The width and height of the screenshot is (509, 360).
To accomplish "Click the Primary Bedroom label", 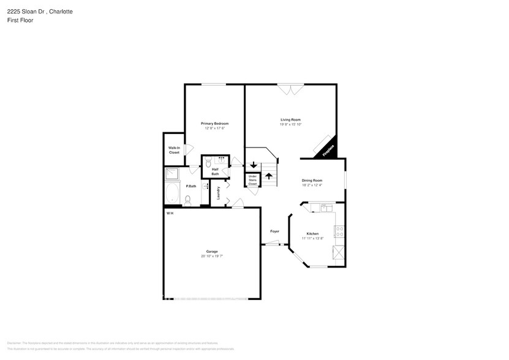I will coord(214,124).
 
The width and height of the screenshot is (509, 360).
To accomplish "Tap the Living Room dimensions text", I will coord(290,124).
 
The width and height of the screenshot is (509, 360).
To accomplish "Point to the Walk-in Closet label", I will coord(174,150).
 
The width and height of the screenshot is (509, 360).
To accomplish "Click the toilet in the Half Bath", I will coord(208,164).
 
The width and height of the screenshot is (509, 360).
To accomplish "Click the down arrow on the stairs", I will coord(253,165).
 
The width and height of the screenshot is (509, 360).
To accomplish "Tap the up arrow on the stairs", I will coord(268,176).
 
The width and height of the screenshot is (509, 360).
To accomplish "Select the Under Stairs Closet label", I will coord(252,181).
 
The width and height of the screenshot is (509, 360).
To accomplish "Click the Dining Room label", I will coord(312,181).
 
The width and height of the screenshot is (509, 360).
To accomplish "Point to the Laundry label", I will coord(219,193).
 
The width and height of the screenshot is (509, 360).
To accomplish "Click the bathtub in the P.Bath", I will coord(172,195).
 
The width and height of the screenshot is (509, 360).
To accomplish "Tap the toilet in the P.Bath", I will coord(189,200).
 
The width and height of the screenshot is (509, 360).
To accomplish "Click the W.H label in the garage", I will coord(169,213).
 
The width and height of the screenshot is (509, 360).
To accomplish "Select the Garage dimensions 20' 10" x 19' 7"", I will coord(212,256).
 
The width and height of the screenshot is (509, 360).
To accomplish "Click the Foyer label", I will coord(275,231).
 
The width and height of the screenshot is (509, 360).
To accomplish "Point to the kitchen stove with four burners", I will coord(337,231).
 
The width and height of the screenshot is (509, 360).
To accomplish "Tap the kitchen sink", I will coord(324,209).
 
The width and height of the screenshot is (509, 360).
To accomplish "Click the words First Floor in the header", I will coord(21,20).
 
